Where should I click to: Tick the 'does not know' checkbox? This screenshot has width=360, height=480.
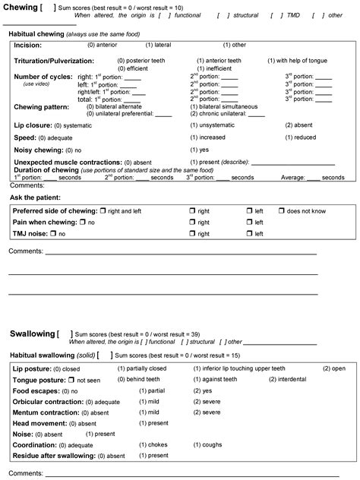pos(282,210)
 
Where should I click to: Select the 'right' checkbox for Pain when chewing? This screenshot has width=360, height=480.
pos(193,222)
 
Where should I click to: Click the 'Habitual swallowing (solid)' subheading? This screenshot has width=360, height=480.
pos(51,355)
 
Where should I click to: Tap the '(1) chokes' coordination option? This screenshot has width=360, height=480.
pos(154,445)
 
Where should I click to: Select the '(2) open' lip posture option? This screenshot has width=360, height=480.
pos(333,368)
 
